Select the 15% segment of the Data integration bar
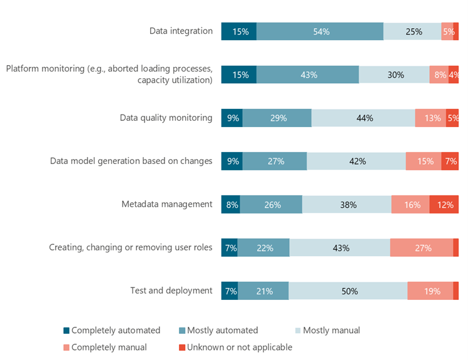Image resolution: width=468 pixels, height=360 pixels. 238,31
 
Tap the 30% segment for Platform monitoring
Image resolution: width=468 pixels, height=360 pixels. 394,75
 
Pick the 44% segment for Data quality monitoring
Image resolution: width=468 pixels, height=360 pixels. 364,118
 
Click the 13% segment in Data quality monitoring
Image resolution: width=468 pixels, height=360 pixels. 430,118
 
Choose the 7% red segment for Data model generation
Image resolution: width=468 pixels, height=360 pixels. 450,161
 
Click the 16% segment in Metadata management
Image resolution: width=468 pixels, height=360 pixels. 410,204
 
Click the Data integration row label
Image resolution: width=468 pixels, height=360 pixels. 181,31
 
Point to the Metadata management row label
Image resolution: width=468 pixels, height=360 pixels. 166,204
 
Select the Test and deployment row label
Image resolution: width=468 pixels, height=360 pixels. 171,291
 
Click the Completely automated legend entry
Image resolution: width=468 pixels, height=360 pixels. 111,331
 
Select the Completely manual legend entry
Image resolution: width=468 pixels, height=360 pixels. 105,347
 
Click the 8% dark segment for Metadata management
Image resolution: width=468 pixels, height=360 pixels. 230,204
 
